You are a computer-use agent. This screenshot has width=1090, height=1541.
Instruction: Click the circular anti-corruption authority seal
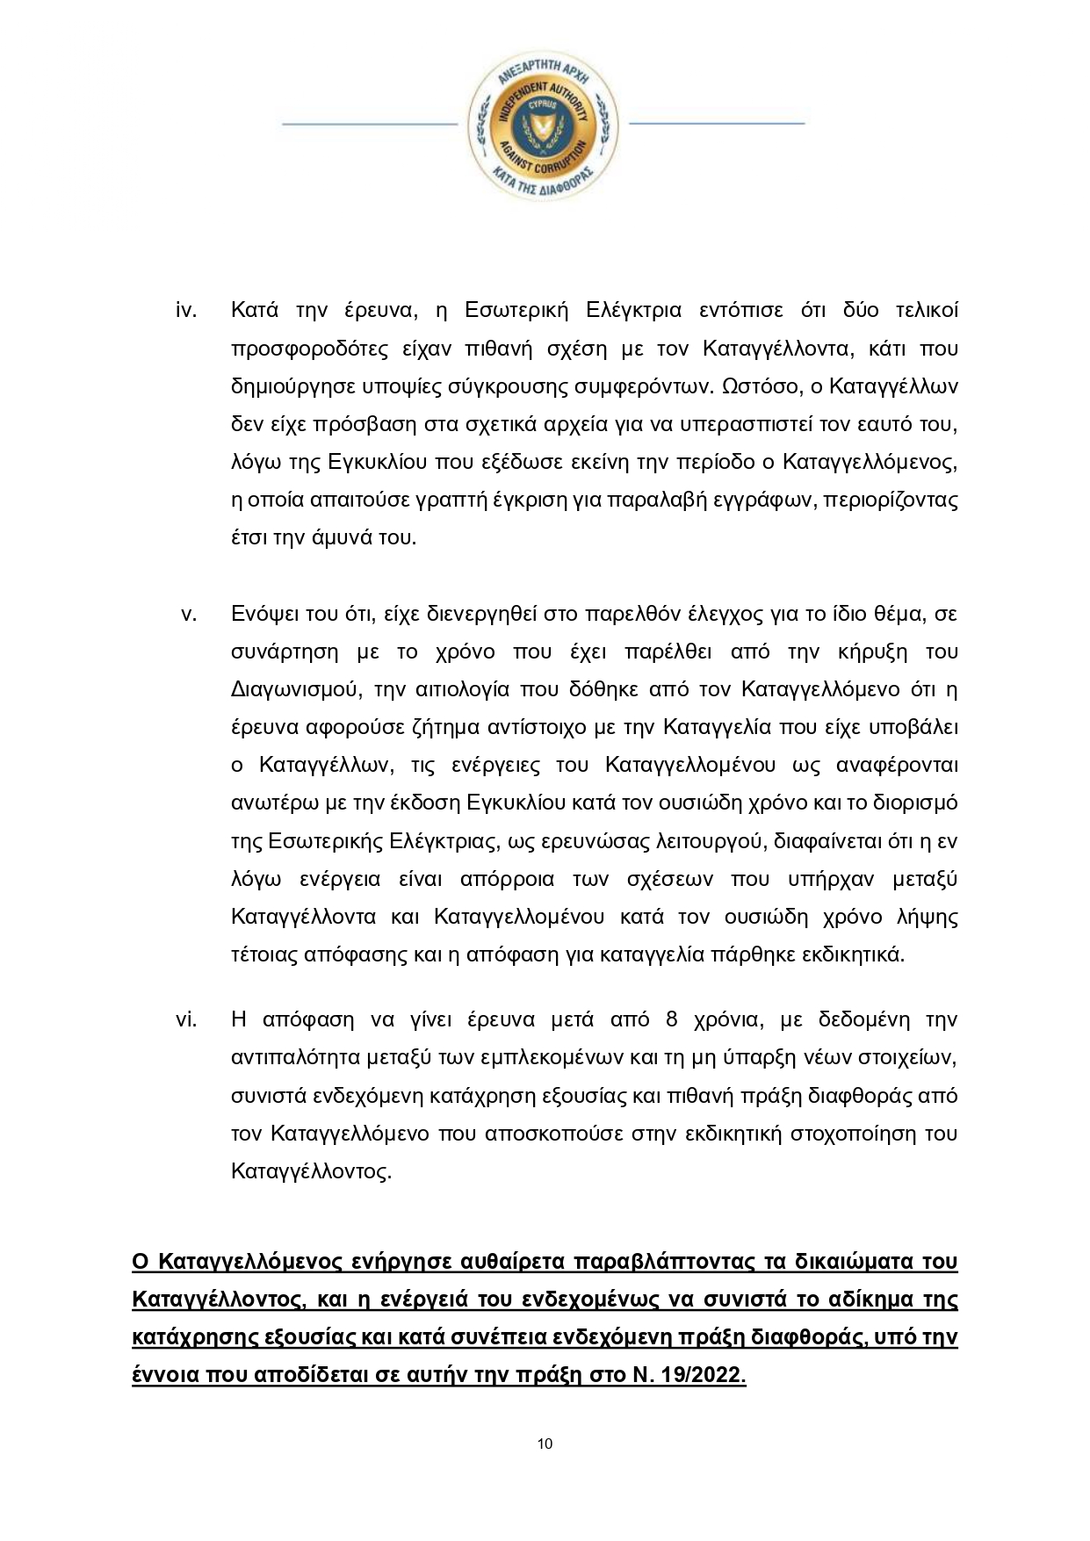pyautogui.click(x=542, y=123)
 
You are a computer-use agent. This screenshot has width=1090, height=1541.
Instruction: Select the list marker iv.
pyautogui.click(x=186, y=311)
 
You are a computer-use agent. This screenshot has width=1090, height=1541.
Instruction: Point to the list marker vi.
pyautogui.click(x=186, y=1019)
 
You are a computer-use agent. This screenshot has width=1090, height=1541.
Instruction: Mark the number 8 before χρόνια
pyautogui.click(x=672, y=1019)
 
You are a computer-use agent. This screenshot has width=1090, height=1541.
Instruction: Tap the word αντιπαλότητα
pyautogui.click(x=296, y=1058)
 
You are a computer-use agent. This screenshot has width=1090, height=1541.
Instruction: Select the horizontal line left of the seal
pyautogui.click(x=369, y=124)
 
